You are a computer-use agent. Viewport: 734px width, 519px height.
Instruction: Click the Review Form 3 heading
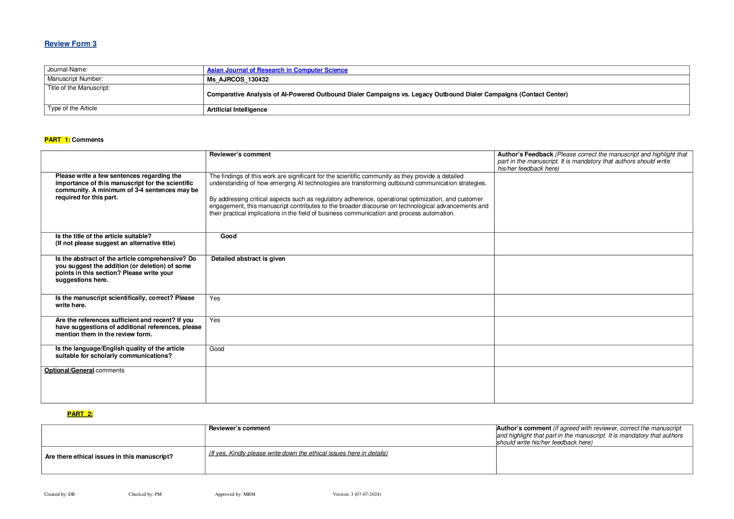[x=70, y=44]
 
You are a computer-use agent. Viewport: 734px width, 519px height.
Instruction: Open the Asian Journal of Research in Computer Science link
[x=277, y=70]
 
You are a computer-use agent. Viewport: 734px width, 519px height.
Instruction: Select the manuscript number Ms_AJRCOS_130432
[x=238, y=79]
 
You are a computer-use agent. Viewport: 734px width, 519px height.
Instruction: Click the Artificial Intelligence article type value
[x=237, y=110]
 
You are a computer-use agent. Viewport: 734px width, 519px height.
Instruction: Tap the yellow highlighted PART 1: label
[x=57, y=140]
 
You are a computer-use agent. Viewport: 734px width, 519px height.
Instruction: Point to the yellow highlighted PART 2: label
[x=80, y=414]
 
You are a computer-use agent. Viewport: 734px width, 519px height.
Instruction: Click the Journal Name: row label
[x=67, y=70]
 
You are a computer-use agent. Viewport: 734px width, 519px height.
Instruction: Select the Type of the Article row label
[x=72, y=109]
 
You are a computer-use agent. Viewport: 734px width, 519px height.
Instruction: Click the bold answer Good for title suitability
[x=228, y=236]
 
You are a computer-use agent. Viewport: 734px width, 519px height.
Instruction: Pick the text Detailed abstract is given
[x=248, y=259]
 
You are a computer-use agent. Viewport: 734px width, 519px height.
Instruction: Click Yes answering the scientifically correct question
[x=215, y=298]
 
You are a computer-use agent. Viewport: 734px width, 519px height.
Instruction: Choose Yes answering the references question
[x=215, y=320]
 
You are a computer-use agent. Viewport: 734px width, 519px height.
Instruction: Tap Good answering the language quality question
[x=217, y=349]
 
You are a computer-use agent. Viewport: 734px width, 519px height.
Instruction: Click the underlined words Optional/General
[x=69, y=370]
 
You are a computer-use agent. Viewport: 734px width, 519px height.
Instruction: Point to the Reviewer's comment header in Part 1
[x=240, y=154]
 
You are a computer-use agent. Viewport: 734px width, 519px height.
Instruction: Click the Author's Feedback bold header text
[x=525, y=154]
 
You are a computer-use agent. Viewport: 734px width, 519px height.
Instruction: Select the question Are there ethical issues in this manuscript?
[x=109, y=457]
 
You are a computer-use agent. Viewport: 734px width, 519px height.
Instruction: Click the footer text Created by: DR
[x=60, y=494]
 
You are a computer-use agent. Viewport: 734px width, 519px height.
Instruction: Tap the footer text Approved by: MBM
[x=235, y=494]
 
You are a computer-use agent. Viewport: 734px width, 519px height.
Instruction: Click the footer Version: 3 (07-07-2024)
[x=356, y=494]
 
